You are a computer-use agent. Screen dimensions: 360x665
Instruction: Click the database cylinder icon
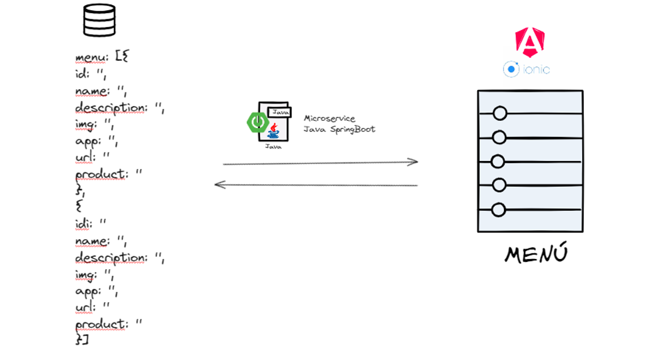[x=99, y=21]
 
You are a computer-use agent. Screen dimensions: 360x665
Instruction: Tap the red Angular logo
[x=530, y=43]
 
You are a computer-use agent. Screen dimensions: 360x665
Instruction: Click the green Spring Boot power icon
[x=257, y=121]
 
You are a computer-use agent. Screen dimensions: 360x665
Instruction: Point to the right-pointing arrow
[x=320, y=163]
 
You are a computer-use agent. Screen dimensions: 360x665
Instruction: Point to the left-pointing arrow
[x=316, y=185]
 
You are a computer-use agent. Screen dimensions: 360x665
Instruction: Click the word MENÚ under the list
[x=536, y=255]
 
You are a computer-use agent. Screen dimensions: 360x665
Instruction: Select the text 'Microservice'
[x=329, y=118]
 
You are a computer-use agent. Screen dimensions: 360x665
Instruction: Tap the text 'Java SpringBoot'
[x=339, y=129]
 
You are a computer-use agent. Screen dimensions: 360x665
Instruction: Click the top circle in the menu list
[x=499, y=113]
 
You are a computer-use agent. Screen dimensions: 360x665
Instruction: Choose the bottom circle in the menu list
[x=498, y=210]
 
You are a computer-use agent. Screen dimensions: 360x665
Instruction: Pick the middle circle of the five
[x=498, y=162]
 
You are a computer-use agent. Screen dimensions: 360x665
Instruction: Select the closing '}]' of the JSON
[x=82, y=340]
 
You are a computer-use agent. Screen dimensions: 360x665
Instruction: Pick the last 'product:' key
[x=100, y=324]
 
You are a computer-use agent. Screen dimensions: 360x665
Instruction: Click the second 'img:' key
[x=86, y=274]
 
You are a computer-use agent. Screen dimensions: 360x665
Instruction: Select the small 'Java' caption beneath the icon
[x=273, y=146]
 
